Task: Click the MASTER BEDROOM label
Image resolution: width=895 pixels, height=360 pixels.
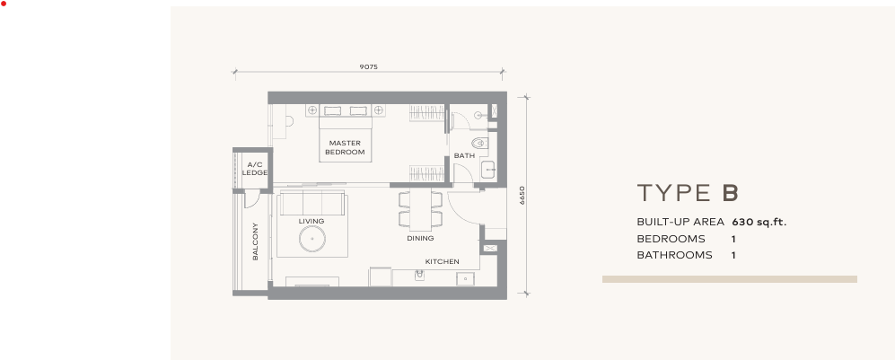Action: coord(345,148)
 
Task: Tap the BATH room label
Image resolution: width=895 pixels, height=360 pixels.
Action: coord(464,155)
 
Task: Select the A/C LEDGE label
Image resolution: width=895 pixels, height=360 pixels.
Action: coord(255,168)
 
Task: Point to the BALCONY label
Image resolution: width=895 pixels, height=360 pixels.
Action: coord(255,241)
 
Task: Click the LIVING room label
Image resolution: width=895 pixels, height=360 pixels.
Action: coord(311,221)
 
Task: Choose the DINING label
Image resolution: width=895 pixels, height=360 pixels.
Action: coord(420,238)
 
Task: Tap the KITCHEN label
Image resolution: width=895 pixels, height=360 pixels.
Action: coord(442,261)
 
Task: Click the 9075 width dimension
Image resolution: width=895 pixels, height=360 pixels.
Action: coord(368,66)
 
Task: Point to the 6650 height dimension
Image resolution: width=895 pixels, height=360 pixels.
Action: coord(522,196)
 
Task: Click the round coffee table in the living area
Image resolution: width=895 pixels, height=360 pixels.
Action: coord(312,239)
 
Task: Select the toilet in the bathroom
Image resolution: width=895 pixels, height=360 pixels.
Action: coord(478,143)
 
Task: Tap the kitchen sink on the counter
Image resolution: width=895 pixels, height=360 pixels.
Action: coord(419,277)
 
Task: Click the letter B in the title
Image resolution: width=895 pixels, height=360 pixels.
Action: coord(730,193)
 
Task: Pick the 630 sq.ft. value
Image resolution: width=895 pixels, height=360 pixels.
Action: coord(759,222)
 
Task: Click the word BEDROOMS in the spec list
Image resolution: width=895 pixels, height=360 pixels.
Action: coord(671,239)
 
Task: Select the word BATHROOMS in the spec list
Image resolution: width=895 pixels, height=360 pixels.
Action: coord(675,255)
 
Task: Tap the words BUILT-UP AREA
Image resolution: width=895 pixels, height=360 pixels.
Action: coord(680,222)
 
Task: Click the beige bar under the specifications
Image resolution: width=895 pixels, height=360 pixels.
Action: coord(730,279)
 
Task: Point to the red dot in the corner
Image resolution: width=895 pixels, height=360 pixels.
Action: coord(4,4)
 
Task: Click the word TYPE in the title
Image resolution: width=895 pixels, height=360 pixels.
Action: coord(674,193)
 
